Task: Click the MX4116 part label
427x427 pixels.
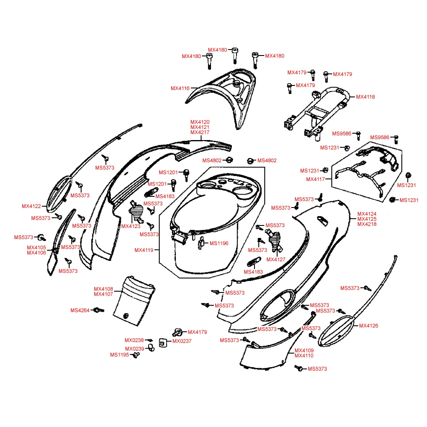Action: pos(180,88)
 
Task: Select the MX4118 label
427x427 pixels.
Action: pos(366,97)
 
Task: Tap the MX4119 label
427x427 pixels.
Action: pos(144,250)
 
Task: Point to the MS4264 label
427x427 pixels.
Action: pos(80,310)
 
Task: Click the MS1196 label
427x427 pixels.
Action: pos(219,243)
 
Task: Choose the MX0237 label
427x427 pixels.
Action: pos(182,341)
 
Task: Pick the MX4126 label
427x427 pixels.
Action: pos(369,325)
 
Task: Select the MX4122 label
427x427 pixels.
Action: pos(31,206)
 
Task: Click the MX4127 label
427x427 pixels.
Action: pos(276,260)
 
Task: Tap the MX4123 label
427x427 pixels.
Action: pos(131,226)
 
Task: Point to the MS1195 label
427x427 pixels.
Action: pos(120,355)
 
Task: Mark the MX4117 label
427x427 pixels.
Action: pos(316,179)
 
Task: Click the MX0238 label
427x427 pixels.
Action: pos(134,340)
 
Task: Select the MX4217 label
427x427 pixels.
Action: pos(200,132)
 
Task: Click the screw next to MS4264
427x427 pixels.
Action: pos(98,310)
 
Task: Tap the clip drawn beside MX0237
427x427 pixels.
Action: pos(163,343)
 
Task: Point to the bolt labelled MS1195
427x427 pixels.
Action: pos(136,355)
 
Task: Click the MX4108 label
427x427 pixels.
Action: pos(103,289)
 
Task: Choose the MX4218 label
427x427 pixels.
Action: pos(367,224)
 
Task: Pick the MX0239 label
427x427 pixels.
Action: pos(135,349)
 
